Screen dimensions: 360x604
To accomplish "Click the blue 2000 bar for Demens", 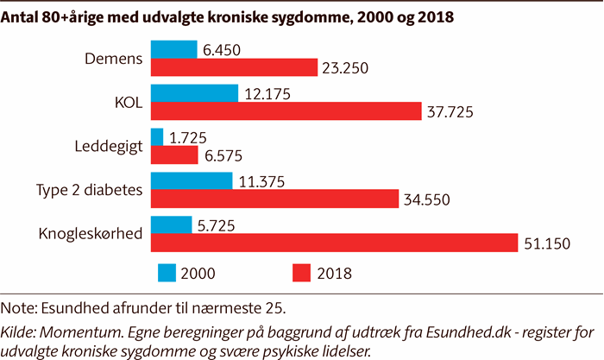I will pos(173,49).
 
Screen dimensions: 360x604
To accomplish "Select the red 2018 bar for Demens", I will pos(234,67).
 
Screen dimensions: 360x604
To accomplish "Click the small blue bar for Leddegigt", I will pos(157,137).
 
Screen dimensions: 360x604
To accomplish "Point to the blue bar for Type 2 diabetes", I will pos(192,181).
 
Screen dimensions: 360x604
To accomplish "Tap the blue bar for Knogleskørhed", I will pos(172,225).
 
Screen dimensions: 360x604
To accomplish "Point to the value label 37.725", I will pos(451,112).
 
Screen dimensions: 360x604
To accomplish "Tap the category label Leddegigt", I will pos(109,147).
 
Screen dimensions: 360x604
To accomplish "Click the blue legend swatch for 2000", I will pos(167,273).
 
